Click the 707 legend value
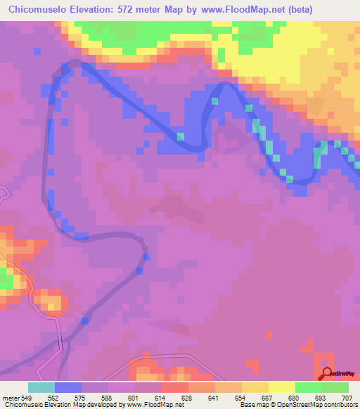click(348, 396)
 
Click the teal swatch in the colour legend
click(41, 387)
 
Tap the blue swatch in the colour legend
click(68, 387)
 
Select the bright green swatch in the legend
click(309, 387)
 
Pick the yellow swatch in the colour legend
click(282, 387)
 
